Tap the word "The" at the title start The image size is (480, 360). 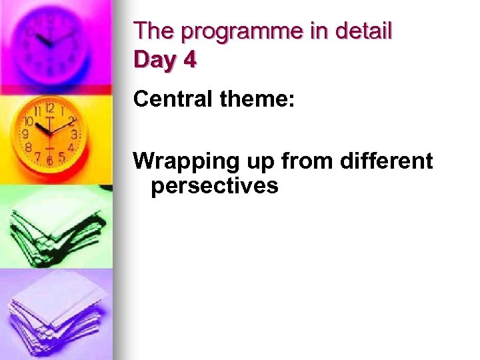153,31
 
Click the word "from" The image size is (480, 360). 295,161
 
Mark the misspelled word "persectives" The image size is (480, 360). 214,186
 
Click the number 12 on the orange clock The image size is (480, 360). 49,108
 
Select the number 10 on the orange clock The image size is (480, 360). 29,122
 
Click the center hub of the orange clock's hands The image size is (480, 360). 50,133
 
